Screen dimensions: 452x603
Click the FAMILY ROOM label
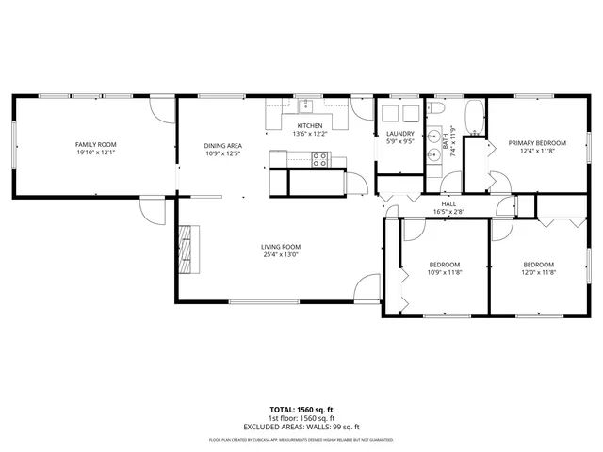pos(94,144)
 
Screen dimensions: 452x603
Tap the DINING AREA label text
pos(223,145)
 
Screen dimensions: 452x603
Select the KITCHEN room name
pos(310,126)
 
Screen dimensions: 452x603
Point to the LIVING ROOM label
pos(281,247)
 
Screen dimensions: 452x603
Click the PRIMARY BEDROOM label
pos(538,143)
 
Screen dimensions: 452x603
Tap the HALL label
pos(448,204)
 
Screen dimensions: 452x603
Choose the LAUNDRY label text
pos(400,134)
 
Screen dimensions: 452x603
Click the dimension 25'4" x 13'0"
pos(281,254)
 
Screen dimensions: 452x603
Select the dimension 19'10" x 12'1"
pos(94,152)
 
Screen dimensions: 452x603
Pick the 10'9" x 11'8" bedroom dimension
pos(444,272)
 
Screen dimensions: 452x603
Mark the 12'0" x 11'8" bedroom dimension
pos(538,272)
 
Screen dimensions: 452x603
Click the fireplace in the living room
pos(191,247)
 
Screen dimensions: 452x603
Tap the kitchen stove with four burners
pos(319,159)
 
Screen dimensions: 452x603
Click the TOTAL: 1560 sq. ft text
pos(301,410)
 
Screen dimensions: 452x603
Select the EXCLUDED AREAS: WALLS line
pos(301,426)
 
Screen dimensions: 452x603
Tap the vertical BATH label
pos(445,144)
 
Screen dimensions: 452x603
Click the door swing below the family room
pos(148,211)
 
